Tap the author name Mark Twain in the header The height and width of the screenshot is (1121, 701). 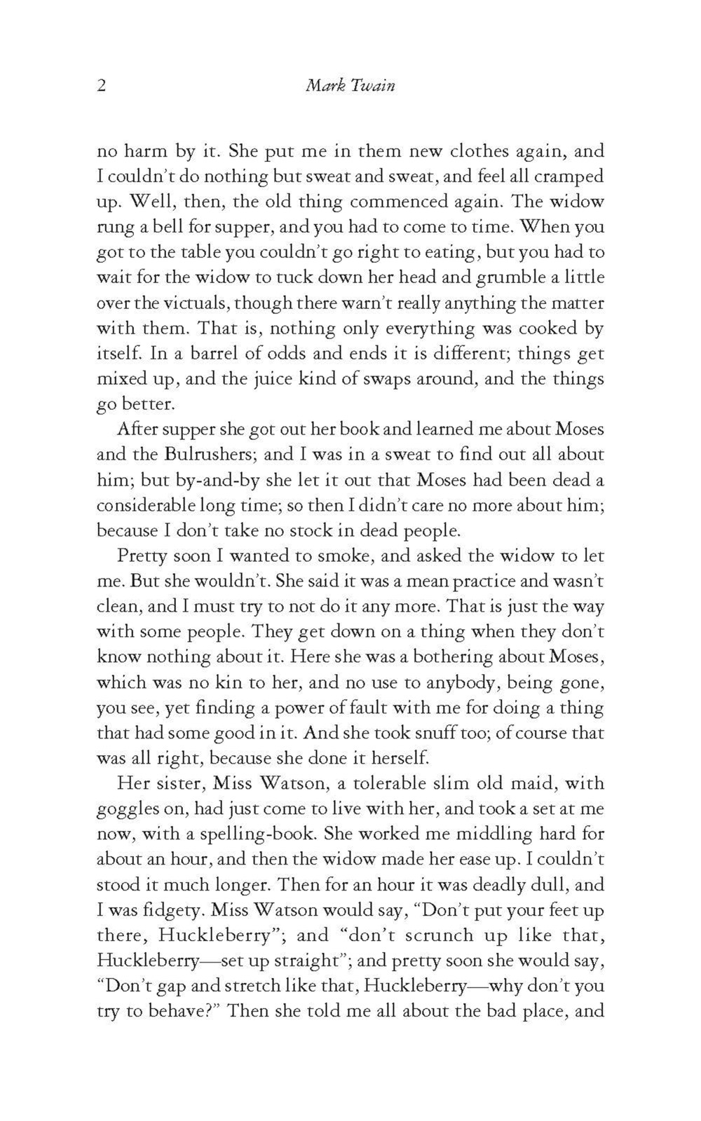(350, 86)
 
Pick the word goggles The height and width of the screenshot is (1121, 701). (130, 809)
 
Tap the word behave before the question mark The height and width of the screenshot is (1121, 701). (158, 1012)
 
